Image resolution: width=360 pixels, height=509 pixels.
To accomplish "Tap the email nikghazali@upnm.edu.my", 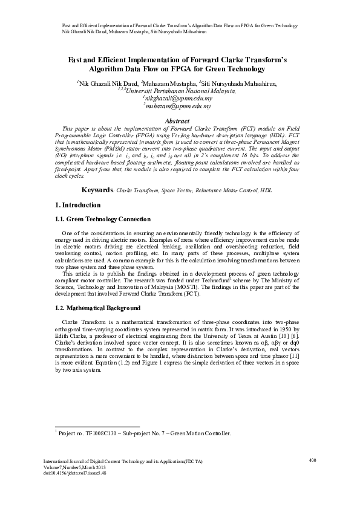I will click(178, 97).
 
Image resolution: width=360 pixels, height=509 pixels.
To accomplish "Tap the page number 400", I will click(313, 461).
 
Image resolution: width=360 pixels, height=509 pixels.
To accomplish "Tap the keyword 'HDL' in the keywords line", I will click(267, 190).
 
